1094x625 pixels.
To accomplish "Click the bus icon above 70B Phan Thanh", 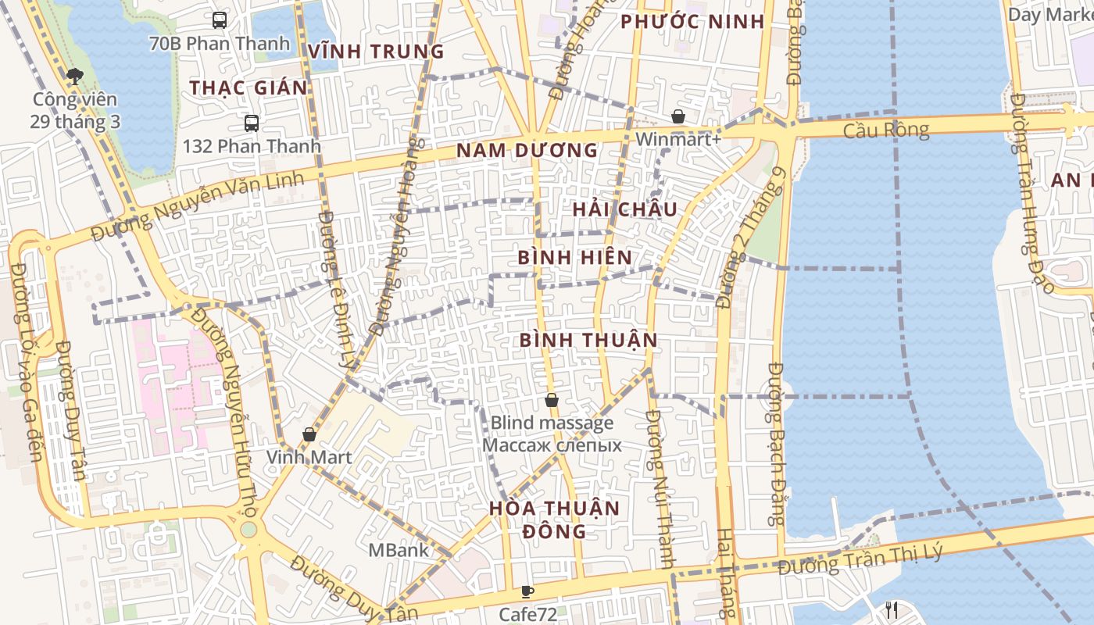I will [220, 20].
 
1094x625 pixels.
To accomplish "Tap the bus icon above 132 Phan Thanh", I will [252, 123].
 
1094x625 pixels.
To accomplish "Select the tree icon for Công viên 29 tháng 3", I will [75, 76].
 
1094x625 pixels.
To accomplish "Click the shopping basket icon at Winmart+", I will [678, 116].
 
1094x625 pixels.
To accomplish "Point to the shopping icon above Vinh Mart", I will [309, 434].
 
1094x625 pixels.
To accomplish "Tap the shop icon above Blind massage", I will [552, 400].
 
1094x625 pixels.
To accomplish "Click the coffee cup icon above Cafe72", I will [527, 591].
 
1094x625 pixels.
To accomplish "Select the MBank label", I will [399, 550].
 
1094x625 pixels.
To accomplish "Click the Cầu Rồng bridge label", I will [886, 130].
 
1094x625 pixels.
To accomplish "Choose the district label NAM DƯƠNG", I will [527, 150].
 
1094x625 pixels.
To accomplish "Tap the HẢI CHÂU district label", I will [624, 209].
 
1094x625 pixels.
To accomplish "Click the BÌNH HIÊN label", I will [575, 257].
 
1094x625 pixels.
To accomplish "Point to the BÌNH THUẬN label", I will [588, 340].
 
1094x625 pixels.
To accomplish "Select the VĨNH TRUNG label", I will [376, 52].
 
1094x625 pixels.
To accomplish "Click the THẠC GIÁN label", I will [248, 87].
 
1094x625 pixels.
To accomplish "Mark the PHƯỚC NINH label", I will [692, 22].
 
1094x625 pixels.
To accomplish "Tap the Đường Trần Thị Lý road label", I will [860, 561].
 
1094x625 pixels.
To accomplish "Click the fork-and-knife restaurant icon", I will [892, 610].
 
